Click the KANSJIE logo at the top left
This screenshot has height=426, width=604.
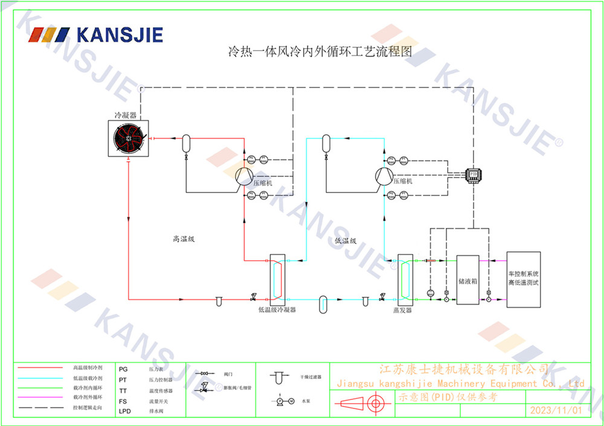[x=96, y=34]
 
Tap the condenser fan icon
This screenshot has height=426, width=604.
[x=129, y=139]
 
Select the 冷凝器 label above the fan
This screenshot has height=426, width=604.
[x=125, y=114]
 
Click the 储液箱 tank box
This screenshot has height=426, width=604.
[x=467, y=281]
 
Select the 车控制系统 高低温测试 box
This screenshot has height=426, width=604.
[x=524, y=279]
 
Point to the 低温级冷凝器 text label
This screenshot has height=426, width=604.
[x=277, y=310]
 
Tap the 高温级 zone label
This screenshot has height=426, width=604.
[x=184, y=240]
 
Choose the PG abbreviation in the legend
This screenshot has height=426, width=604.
[x=123, y=368]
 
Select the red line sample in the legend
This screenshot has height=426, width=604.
[x=40, y=367]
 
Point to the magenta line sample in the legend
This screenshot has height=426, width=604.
[x=40, y=398]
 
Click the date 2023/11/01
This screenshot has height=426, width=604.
[x=555, y=410]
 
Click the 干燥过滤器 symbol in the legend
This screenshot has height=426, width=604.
[x=278, y=377]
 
